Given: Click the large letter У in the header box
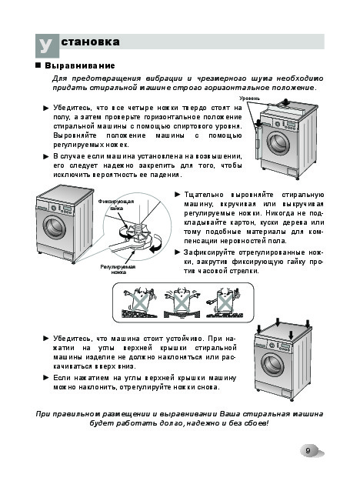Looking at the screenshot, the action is [46, 45].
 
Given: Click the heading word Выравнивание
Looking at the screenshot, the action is [80, 65].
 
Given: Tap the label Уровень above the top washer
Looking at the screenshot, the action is [249, 99].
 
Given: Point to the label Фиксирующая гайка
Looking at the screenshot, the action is [116, 205].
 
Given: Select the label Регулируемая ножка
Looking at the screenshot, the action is [118, 269].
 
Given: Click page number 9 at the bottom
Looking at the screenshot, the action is [308, 450].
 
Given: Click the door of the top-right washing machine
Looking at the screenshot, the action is [278, 143].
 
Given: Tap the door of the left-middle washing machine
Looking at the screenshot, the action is [55, 226].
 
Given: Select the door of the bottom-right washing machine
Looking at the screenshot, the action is [273, 365].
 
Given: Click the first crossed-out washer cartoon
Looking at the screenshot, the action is [138, 302].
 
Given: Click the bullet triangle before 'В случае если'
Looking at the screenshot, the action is [46, 156].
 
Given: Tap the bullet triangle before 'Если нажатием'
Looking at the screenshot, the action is [46, 378].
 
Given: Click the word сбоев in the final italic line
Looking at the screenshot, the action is [258, 423].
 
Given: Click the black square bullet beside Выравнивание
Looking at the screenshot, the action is [38, 65].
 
